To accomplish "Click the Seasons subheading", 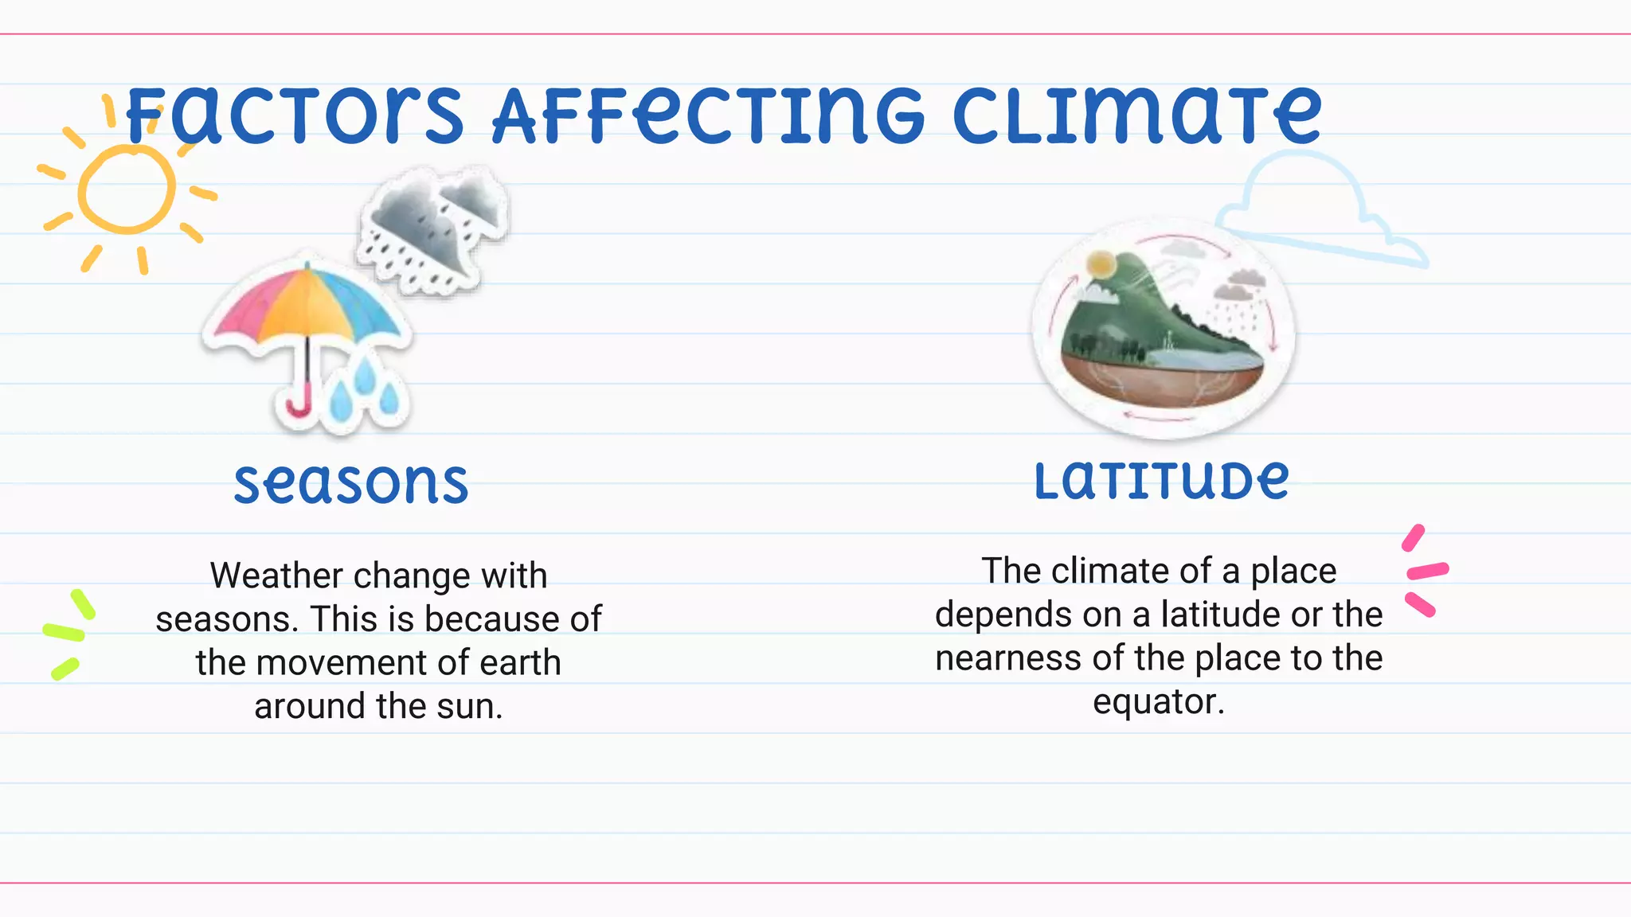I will click(x=351, y=483).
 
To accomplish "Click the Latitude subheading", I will click(x=1161, y=480).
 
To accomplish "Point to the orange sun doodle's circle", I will click(x=126, y=189).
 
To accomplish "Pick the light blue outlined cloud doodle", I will click(x=1314, y=211).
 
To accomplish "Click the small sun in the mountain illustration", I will click(x=1101, y=263).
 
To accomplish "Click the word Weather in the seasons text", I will click(x=276, y=576).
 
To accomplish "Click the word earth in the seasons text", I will click(x=519, y=663).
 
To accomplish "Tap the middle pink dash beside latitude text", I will click(x=1428, y=571).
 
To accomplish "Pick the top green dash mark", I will click(x=83, y=603).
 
